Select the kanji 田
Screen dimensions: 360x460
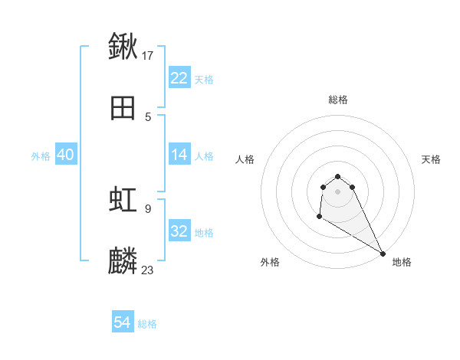pos(123,108)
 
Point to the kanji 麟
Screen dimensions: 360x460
pos(123,261)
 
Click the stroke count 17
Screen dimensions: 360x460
pos(149,55)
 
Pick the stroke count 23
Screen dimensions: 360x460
pos(148,270)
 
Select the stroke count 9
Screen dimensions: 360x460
pos(147,208)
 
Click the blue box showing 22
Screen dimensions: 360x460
pos(179,78)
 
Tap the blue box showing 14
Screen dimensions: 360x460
pos(179,155)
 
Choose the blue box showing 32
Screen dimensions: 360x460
pos(179,231)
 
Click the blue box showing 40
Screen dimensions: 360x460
pos(65,155)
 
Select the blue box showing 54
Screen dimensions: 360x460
pos(123,323)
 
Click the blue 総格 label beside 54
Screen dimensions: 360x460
pos(147,324)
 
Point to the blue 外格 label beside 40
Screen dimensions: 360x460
pos(41,155)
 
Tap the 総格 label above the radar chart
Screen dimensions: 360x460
pos(338,100)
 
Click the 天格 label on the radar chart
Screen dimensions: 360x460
pos(432,159)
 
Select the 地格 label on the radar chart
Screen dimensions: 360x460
pos(402,262)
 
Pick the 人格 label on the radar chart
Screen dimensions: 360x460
pos(245,159)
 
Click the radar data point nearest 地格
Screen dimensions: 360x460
pos(383,254)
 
